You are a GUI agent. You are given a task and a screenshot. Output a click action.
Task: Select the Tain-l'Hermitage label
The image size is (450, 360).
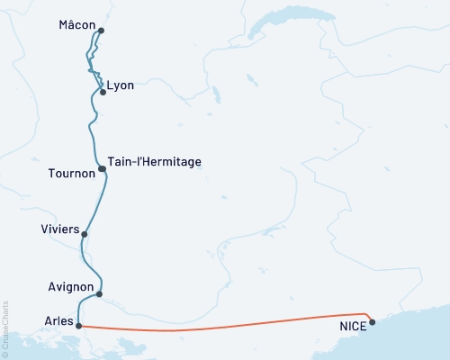coord(154,162)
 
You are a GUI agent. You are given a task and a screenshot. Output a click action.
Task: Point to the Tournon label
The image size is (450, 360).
coord(70,174)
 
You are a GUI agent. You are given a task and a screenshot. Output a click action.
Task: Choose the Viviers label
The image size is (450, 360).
coord(59,229)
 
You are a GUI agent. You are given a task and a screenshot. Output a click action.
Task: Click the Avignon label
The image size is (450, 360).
coord(70,287)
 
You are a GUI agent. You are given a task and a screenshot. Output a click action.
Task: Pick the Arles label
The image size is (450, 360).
coord(58,319)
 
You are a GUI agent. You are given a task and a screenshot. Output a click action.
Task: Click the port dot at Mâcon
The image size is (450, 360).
coord(101,31)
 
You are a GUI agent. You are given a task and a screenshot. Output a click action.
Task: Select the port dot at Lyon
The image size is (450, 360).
coord(103,92)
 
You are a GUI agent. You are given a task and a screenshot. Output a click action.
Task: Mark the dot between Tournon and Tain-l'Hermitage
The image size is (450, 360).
coord(102,168)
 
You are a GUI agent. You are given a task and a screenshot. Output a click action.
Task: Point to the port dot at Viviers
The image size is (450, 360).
coord(85,235)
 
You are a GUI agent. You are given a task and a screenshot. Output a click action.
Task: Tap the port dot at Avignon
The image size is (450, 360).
coord(99,293)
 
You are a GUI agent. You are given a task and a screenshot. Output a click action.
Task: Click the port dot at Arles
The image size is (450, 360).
coord(79,326)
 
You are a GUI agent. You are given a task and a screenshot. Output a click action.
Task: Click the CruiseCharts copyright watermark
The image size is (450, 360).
coord(5,328)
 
